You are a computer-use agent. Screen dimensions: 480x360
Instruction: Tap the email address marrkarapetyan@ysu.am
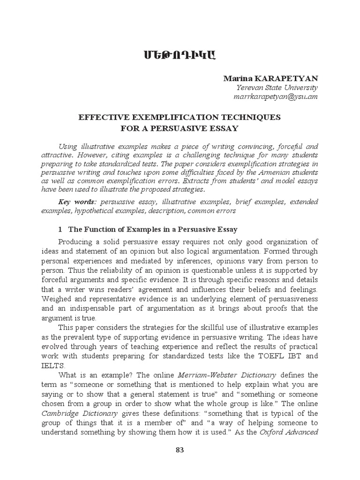(x=276, y=97)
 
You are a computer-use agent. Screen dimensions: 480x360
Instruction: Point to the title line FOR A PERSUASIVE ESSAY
(x=180, y=128)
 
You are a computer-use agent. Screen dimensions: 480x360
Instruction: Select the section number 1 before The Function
(x=60, y=230)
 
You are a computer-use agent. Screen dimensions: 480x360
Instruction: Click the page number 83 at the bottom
(x=180, y=450)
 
